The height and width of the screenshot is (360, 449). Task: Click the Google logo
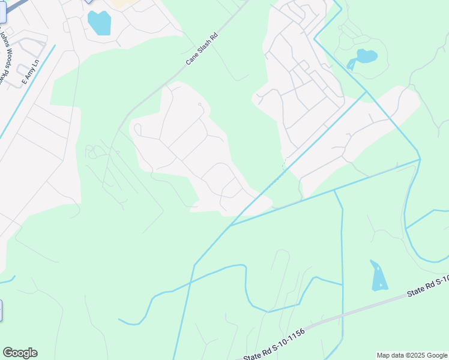[20, 353]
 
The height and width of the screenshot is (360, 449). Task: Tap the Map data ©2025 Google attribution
[412, 355]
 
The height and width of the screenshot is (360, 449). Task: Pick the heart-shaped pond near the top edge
[99, 23]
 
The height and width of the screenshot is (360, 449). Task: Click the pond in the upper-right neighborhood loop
[363, 58]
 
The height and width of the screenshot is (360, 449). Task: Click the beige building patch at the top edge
[124, 4]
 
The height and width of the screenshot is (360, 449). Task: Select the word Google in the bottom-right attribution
[436, 355]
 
